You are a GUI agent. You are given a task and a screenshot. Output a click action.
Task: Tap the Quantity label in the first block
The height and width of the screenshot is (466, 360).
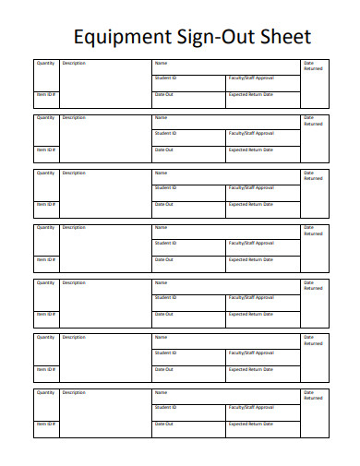(45, 63)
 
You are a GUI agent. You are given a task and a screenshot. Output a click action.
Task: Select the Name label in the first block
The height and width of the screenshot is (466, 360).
(161, 63)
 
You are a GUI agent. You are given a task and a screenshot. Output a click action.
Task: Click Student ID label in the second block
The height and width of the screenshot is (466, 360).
(165, 133)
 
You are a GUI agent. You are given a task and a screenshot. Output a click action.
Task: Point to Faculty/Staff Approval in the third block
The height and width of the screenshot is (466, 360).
(251, 187)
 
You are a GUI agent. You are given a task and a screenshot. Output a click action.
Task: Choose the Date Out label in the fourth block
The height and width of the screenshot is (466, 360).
(163, 258)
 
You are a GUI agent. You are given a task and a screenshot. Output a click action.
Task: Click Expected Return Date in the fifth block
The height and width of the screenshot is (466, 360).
(250, 314)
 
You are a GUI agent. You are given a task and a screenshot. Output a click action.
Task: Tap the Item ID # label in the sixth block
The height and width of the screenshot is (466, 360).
(46, 368)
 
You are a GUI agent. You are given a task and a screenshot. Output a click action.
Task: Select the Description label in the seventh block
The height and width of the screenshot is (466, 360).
(74, 392)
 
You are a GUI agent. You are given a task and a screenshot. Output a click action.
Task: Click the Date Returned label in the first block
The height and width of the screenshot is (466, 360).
(313, 66)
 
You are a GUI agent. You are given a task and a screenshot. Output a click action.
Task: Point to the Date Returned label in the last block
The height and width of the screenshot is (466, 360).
(313, 395)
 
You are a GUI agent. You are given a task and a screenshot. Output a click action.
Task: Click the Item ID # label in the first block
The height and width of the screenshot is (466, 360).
(46, 94)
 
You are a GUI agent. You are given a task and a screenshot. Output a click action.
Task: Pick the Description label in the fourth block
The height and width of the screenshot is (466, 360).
(74, 227)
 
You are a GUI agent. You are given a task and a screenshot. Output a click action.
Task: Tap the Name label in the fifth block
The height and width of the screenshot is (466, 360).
(161, 282)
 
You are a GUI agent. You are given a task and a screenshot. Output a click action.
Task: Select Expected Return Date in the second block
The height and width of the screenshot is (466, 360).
(250, 149)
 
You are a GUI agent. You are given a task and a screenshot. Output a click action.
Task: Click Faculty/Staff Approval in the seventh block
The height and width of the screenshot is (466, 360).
(251, 407)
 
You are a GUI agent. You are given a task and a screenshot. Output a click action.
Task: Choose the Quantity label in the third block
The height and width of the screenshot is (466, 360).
(45, 173)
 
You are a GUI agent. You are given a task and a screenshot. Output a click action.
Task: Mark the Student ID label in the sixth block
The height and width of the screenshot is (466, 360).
(165, 352)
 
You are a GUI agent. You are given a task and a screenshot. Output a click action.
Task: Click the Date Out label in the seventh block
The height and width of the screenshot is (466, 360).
(163, 424)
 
